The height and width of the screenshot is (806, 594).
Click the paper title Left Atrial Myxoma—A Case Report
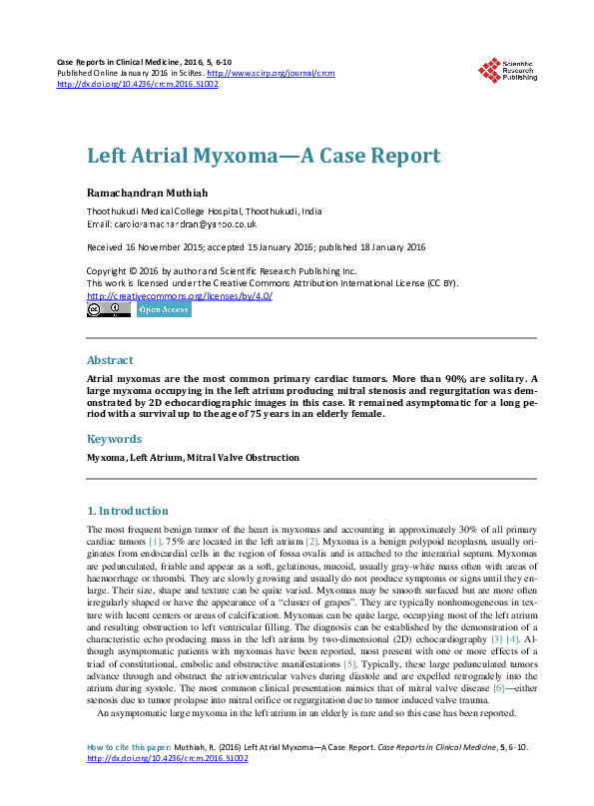[264, 157]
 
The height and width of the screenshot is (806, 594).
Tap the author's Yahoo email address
[186, 225]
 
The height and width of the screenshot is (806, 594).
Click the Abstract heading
[110, 360]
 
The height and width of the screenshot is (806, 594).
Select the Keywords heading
[114, 438]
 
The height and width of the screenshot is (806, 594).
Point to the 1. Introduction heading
[134, 511]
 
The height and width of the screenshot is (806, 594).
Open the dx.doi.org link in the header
[138, 85]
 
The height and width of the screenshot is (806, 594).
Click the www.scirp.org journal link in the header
[283, 74]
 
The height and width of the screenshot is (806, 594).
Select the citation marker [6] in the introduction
[498, 687]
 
